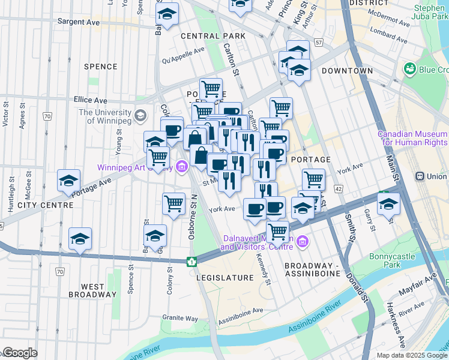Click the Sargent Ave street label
[x=78, y=21]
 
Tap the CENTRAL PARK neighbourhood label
[x=214, y=37]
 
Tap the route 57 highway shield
[x=319, y=43]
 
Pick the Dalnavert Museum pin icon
[x=303, y=242]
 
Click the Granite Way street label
[x=181, y=318]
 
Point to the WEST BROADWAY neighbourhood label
[x=88, y=290]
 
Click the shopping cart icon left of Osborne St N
[x=173, y=204]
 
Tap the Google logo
[x=19, y=353]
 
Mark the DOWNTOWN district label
[x=347, y=71]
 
